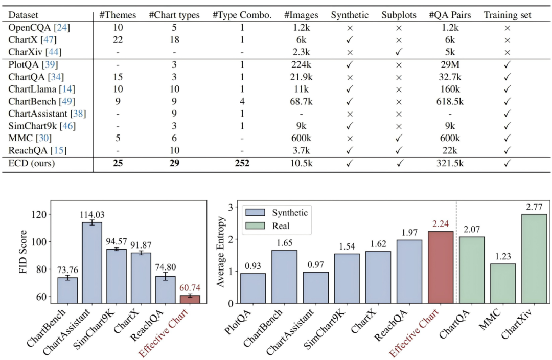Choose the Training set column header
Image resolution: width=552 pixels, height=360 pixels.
pos(508,15)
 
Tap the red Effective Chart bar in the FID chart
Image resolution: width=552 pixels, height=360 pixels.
pos(190,299)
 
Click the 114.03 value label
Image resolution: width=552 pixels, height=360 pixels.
pos(92,214)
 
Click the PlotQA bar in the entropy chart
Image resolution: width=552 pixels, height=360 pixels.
pos(253,288)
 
